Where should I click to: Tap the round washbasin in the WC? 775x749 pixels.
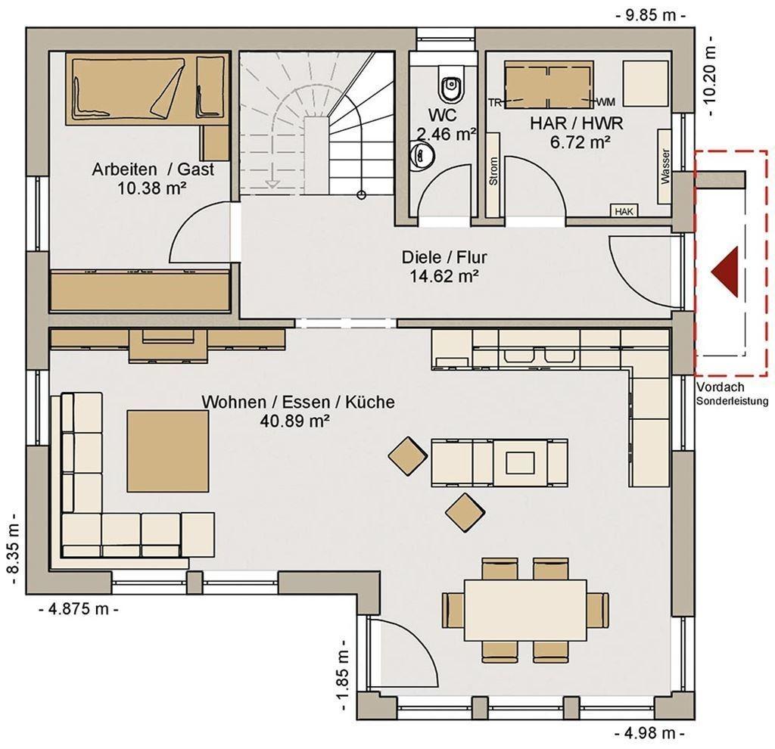click(x=422, y=154)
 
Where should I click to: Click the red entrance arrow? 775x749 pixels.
click(x=725, y=272)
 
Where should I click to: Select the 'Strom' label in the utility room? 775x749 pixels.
click(x=493, y=171)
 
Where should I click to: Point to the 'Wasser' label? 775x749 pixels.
click(x=665, y=166)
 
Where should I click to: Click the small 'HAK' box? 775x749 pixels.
click(x=624, y=211)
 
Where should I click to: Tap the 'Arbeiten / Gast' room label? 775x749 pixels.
click(x=153, y=169)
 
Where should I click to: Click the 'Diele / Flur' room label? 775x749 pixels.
click(x=444, y=257)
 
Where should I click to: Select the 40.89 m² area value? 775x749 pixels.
click(x=294, y=421)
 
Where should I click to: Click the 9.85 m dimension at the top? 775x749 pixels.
click(x=650, y=15)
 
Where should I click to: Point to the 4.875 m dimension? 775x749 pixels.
click(x=79, y=609)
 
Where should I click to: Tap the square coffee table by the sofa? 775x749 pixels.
click(x=167, y=451)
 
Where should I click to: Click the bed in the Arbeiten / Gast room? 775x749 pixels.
click(x=148, y=89)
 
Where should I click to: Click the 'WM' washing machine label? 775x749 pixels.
click(x=606, y=102)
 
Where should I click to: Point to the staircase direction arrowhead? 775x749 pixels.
click(x=271, y=185)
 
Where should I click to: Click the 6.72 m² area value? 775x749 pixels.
click(x=580, y=142)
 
